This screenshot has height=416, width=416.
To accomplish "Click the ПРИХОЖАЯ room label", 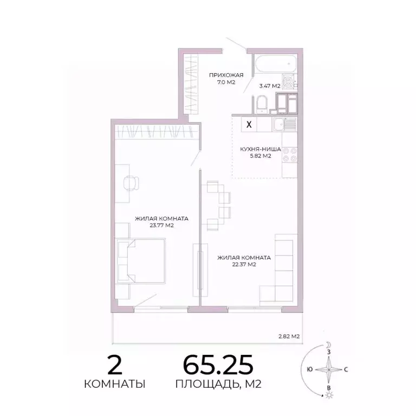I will tap(226, 75).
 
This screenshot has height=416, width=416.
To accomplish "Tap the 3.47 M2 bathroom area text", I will tap(269, 86).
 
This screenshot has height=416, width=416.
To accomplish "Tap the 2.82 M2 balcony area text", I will tap(289, 336).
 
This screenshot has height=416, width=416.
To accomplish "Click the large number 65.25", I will tap(218, 366).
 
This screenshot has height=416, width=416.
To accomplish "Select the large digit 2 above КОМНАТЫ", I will tap(114, 366).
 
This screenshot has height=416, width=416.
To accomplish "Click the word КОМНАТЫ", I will tap(114, 385).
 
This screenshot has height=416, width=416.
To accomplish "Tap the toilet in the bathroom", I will tap(262, 104).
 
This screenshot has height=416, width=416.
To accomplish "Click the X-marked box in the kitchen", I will tap(249, 124).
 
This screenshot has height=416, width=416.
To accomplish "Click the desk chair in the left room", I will tap(131, 183).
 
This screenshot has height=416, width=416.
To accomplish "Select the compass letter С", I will tap(346, 369).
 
